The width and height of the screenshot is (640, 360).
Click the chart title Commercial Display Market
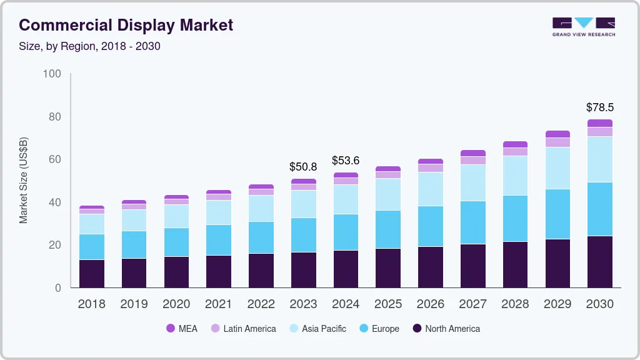coord(126,25)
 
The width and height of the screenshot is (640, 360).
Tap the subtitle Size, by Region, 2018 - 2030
coord(90,47)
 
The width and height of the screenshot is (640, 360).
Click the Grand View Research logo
coord(583,26)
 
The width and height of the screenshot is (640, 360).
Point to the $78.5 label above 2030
coord(599,107)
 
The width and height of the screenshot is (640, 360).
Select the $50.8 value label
coord(303,167)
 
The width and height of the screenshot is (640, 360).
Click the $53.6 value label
coord(346,161)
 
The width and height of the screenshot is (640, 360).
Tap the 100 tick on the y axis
coord(52,74)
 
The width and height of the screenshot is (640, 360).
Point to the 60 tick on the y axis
coord(55,159)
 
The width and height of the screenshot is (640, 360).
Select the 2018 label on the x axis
coord(91,304)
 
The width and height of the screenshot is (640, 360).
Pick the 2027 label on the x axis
coord(472,304)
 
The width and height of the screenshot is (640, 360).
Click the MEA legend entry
coord(181,329)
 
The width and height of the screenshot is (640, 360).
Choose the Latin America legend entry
coord(243,329)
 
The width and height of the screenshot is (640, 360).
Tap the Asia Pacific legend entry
coord(317,329)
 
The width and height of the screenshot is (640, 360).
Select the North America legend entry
coord(446,329)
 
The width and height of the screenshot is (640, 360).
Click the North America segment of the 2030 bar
coord(599,261)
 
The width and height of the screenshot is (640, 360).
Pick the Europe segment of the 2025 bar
coord(388,229)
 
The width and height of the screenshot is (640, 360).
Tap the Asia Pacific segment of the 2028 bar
coord(515,176)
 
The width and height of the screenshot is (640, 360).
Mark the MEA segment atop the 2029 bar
coord(557,134)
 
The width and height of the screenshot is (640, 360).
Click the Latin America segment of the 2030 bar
coord(599,131)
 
